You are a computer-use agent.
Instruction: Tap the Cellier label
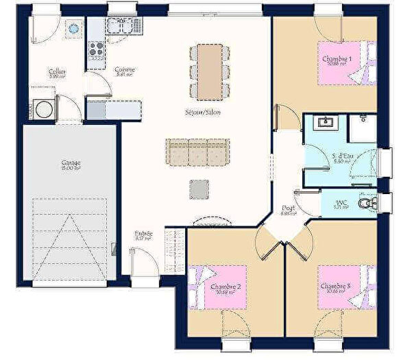coord(57,73)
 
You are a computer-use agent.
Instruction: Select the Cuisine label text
coord(125,70)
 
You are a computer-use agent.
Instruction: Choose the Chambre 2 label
coord(225,287)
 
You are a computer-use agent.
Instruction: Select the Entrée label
coord(143,235)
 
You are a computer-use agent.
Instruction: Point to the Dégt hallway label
coord(289,209)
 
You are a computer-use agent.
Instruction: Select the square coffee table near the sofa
coord(199,189)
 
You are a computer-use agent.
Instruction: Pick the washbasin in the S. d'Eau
coord(324,123)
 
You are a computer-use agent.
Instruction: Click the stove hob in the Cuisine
coord(95,49)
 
